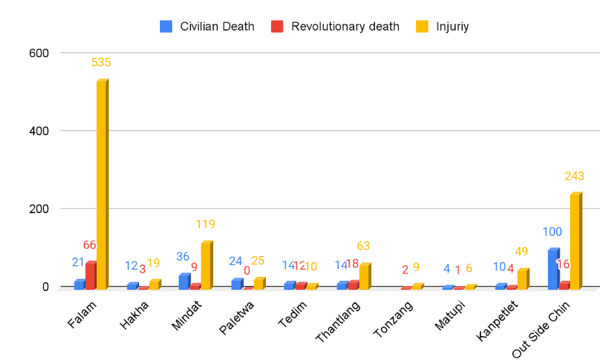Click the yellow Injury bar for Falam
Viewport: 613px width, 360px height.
102,185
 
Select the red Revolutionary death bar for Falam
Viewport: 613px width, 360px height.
90,276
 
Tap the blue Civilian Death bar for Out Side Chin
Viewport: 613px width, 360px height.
553,269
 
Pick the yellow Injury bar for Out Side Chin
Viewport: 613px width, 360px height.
575,241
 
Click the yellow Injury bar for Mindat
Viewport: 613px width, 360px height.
205,265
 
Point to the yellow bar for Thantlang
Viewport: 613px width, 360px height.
364,276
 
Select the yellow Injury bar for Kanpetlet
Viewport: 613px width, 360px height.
522,279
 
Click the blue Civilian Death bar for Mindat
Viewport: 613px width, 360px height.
184,281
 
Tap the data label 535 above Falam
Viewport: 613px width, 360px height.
101,63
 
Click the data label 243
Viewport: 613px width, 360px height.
575,176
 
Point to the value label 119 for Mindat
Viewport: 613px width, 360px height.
205,224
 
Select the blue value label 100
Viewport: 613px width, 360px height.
553,232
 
